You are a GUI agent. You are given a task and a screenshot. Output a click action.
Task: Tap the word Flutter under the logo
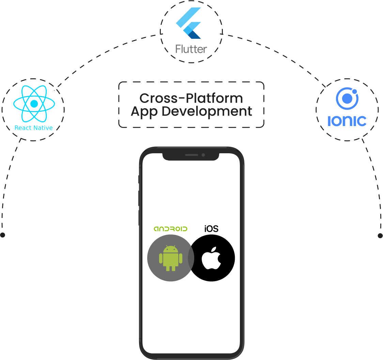point(191,49)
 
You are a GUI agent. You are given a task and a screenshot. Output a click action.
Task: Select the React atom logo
point(34,104)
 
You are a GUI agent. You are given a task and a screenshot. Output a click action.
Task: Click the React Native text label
point(33,128)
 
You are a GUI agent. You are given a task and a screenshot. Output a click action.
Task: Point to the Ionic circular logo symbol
point(347,99)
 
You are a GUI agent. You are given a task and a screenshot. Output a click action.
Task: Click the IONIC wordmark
point(347,121)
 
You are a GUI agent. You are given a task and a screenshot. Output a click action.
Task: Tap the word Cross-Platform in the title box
point(191,98)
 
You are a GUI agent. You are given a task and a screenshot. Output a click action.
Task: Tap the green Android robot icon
point(170,258)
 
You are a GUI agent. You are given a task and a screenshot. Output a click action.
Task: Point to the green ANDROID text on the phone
point(170,229)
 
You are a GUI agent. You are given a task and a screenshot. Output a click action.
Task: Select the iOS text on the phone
point(211,229)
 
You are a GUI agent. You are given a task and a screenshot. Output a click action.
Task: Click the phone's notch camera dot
point(203,155)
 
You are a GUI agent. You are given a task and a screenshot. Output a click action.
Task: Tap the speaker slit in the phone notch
point(191,155)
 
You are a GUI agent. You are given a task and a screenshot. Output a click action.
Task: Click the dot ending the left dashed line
point(3,235)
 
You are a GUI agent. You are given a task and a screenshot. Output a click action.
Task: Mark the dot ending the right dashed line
point(380,236)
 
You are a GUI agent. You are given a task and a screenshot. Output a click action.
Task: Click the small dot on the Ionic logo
point(354,92)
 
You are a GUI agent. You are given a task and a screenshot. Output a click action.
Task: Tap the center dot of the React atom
point(34,104)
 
